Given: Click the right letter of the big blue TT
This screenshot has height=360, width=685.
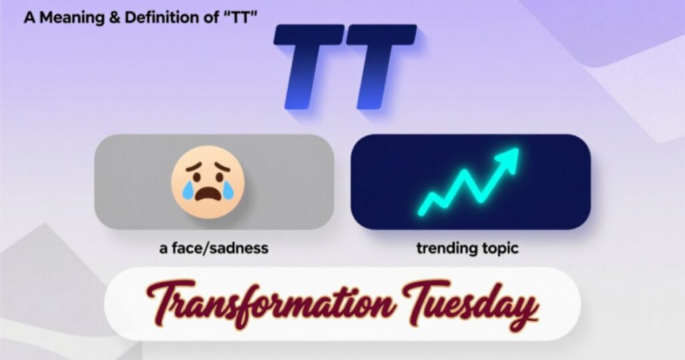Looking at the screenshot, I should coord(379,67).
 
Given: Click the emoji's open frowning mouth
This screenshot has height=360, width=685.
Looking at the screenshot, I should coord(208,195).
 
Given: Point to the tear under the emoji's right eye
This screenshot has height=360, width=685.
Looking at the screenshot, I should coord(229,191).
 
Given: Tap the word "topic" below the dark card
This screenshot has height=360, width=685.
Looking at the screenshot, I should coord(500,248).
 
